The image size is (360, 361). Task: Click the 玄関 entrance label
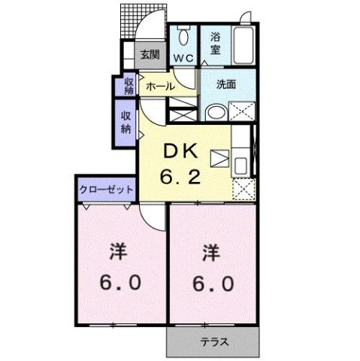150,55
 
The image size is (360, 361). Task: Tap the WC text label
183,59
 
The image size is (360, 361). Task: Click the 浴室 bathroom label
215,43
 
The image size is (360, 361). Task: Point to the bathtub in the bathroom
244,45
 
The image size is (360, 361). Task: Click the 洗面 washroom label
226,84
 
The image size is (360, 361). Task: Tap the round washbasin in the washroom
216,112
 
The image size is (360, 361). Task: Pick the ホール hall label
160,86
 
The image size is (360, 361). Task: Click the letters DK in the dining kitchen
180,151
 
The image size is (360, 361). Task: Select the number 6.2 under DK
180,177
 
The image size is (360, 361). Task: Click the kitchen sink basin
241,165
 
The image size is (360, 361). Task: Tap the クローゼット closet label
106,190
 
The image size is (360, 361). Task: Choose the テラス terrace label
214,342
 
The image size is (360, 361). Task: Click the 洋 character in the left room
118,251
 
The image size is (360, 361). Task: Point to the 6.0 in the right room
213,284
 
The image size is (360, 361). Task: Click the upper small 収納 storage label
129,86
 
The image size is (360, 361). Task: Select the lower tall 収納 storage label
126,123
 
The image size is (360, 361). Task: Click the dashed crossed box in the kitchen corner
244,190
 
